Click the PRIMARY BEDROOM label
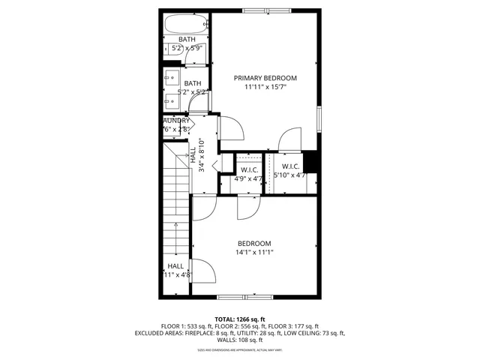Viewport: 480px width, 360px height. pos(265,78)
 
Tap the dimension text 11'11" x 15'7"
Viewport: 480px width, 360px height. pos(265,88)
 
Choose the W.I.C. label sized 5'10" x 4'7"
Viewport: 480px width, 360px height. pos(292,171)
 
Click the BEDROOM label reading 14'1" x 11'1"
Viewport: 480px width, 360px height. pos(254,247)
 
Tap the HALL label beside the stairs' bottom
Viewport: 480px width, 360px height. pos(176,270)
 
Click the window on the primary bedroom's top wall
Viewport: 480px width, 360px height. pos(265,10)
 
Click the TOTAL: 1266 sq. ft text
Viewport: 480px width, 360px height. pos(239,319)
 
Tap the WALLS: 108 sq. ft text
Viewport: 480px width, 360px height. pos(239,340)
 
